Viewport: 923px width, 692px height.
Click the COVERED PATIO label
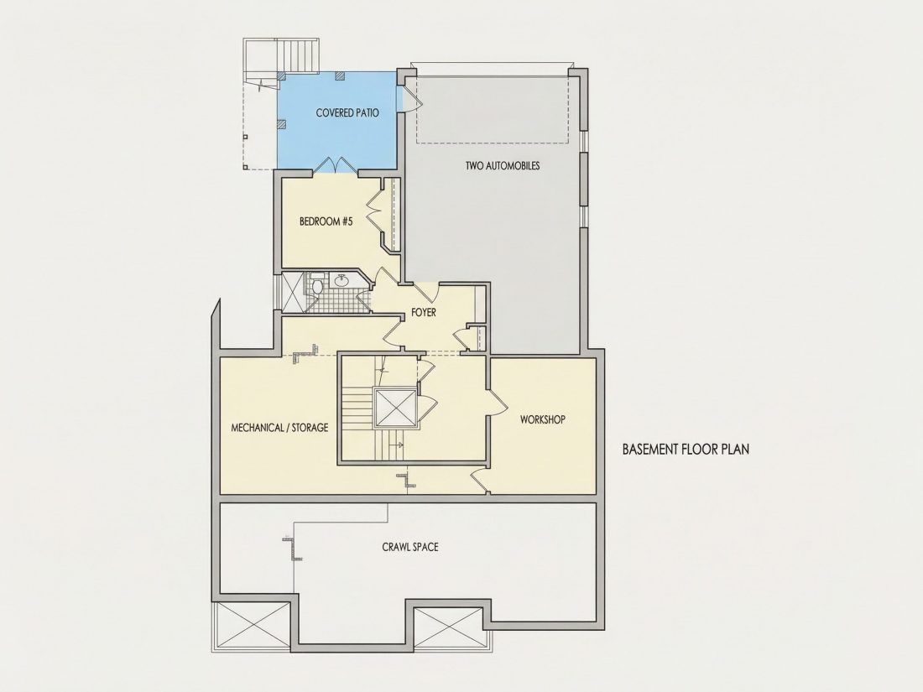click(x=347, y=112)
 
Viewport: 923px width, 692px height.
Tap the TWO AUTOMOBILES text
click(x=503, y=165)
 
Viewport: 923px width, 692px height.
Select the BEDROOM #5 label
click(x=326, y=221)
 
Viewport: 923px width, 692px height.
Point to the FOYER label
click(x=424, y=313)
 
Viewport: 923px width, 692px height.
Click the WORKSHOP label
click(x=543, y=419)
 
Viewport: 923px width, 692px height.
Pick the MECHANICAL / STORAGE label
click(x=279, y=428)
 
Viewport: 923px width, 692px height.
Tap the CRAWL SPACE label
click(x=410, y=547)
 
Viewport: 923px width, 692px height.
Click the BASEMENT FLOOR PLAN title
click(x=686, y=450)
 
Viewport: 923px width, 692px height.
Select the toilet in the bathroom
click(x=316, y=286)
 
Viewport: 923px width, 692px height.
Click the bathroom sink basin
click(x=342, y=281)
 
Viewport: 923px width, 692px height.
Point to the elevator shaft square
click(x=395, y=407)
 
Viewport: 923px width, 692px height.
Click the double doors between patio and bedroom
click(x=336, y=164)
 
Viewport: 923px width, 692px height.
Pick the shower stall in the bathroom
click(x=293, y=291)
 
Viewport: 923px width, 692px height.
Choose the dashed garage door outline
click(x=493, y=109)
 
